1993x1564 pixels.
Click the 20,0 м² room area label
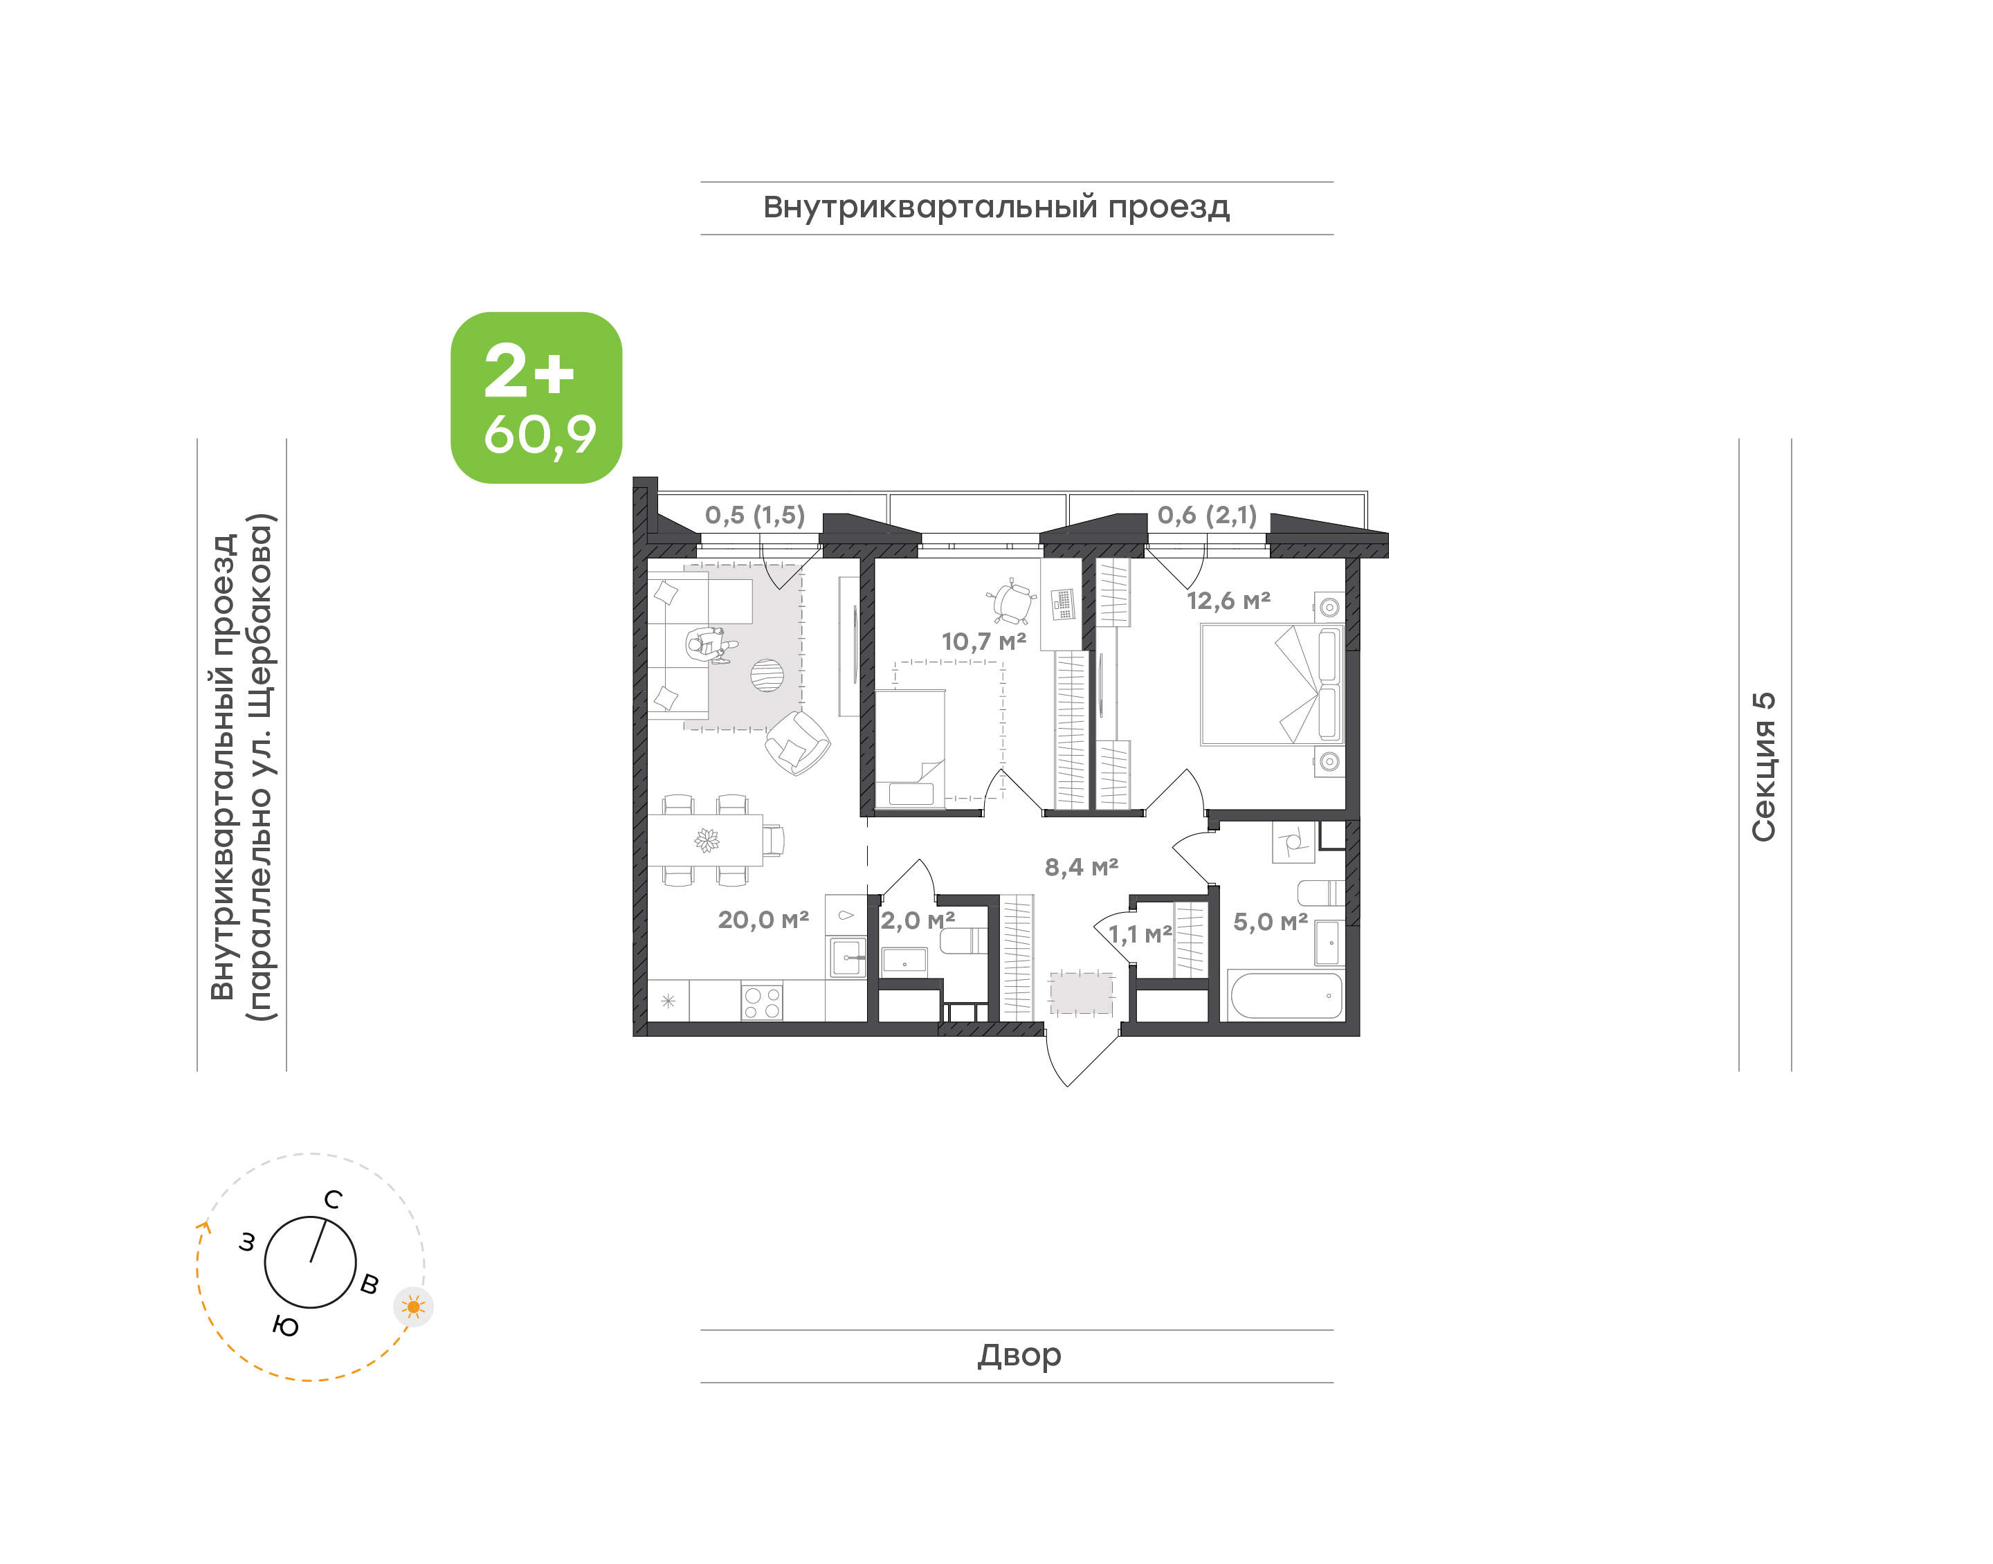click(x=763, y=920)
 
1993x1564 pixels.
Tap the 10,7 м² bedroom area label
click(x=983, y=642)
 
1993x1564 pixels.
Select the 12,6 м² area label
click(x=1228, y=601)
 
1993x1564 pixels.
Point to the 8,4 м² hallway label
click(x=1081, y=867)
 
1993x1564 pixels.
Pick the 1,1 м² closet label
click(x=1140, y=934)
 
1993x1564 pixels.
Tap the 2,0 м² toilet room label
click(x=918, y=920)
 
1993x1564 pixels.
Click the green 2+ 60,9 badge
click(x=536, y=397)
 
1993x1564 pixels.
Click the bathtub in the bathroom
click(x=1286, y=994)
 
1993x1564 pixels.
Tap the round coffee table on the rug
click(x=767, y=676)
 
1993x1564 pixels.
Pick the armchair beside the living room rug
click(x=797, y=743)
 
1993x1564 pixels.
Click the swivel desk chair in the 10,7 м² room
click(x=1012, y=601)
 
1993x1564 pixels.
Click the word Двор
click(x=1019, y=1355)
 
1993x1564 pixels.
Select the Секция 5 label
click(x=1763, y=767)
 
